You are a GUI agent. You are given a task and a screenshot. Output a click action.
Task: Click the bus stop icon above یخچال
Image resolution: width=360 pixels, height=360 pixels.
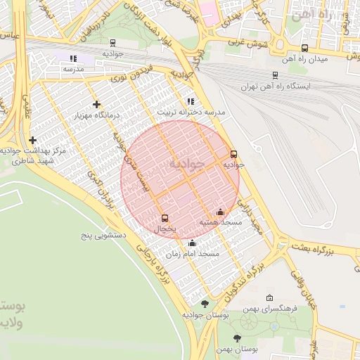tap(165, 218)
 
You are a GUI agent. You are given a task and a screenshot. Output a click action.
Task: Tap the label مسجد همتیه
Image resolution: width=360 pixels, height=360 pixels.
tap(220, 222)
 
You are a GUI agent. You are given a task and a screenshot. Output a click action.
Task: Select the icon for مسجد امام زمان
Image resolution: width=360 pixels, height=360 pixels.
tap(193, 243)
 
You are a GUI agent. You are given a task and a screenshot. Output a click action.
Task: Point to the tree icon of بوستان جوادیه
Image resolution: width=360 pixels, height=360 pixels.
tap(205, 304)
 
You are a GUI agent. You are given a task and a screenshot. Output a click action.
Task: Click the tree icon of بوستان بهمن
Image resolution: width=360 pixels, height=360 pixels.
tap(237, 338)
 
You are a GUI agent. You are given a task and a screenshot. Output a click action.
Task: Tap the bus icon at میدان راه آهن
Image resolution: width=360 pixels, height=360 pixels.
tap(304, 48)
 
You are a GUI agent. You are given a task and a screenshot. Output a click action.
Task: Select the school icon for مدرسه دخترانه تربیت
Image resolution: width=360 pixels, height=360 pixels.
tap(191, 101)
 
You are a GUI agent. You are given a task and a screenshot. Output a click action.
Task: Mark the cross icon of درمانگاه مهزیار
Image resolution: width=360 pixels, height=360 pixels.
tap(96, 104)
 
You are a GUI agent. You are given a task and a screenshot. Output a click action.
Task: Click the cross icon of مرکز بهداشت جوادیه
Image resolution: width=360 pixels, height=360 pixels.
tap(32, 141)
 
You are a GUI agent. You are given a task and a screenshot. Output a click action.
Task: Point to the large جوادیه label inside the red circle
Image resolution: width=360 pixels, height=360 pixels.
tap(186, 164)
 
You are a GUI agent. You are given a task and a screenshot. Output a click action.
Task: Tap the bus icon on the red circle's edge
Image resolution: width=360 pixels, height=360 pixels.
tap(234, 154)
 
